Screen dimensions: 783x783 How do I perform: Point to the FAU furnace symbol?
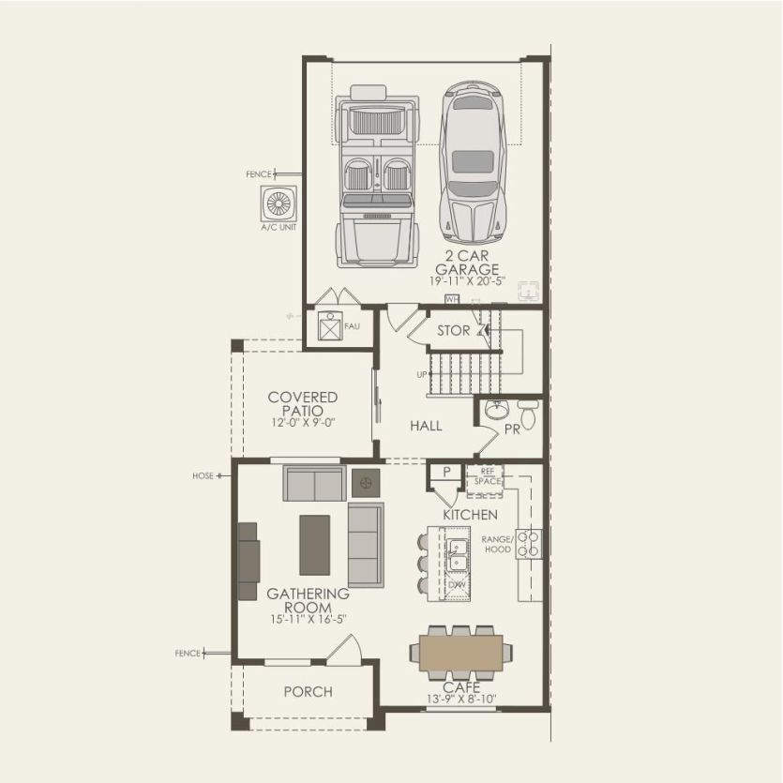click(329, 326)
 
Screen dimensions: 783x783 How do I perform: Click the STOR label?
click(454, 331)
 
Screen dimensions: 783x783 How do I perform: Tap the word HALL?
click(426, 426)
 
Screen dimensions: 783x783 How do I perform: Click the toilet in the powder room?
click(528, 414)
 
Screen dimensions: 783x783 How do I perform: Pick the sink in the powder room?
click(497, 411)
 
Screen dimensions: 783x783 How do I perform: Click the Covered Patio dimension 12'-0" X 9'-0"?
click(302, 424)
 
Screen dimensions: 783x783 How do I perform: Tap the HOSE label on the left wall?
click(203, 476)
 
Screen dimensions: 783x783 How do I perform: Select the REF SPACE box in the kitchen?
click(486, 477)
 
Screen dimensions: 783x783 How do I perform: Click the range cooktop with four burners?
click(530, 544)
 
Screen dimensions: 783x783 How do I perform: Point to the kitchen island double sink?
click(459, 555)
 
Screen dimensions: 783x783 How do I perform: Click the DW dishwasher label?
click(458, 585)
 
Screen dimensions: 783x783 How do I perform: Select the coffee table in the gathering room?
click(315, 545)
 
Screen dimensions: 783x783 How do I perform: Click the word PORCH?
click(308, 692)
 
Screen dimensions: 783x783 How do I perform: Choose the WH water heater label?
click(452, 299)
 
